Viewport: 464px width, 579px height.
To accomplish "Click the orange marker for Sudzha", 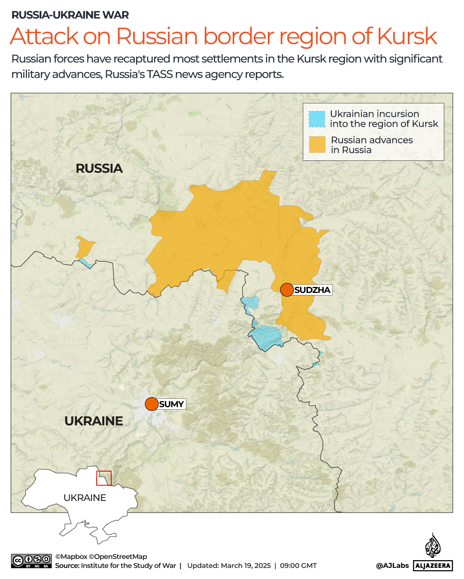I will pyautogui.click(x=287, y=290).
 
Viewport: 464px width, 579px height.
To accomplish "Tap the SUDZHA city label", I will pyautogui.click(x=312, y=290).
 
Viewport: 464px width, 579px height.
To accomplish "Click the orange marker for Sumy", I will pyautogui.click(x=152, y=404).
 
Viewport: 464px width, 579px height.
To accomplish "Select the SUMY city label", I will pyautogui.click(x=171, y=404).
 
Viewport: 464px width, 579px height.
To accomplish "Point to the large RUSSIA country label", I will pyautogui.click(x=99, y=169).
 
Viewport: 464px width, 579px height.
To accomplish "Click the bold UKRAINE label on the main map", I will pyautogui.click(x=94, y=421).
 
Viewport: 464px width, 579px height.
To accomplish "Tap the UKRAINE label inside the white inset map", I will pyautogui.click(x=85, y=498).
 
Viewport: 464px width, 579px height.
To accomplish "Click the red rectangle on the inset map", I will pyautogui.click(x=104, y=478).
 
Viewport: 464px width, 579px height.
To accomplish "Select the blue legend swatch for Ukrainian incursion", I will pyautogui.click(x=317, y=119).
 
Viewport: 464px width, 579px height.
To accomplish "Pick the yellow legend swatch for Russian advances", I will pyautogui.click(x=317, y=145).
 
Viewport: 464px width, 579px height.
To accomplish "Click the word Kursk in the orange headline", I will pyautogui.click(x=407, y=36).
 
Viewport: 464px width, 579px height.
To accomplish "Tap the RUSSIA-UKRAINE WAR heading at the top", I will pyautogui.click(x=70, y=15).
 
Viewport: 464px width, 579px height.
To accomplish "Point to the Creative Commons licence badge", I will pyautogui.click(x=31, y=561).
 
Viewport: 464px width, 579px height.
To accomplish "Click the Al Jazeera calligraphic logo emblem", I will pyautogui.click(x=433, y=546).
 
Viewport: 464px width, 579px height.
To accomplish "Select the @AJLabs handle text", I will pyautogui.click(x=392, y=566).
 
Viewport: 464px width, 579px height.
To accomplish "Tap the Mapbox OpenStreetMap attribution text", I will pyautogui.click(x=101, y=557).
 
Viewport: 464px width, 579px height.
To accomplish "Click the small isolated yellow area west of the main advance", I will pyautogui.click(x=85, y=247).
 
